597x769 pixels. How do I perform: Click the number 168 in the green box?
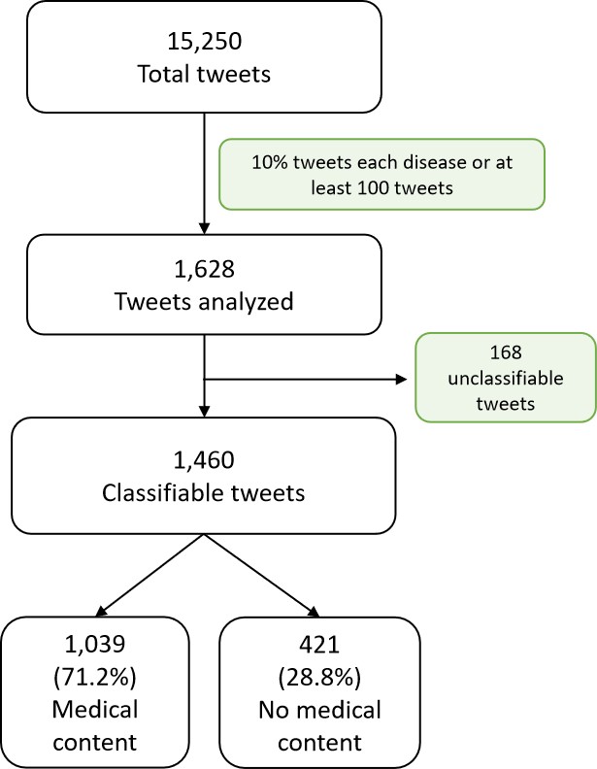[505, 354]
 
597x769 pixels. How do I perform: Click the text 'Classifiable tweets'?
[203, 492]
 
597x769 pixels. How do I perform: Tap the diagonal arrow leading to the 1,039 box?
[146, 575]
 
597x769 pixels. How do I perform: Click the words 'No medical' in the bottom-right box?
[319, 709]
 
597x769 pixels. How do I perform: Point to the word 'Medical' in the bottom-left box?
[96, 709]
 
